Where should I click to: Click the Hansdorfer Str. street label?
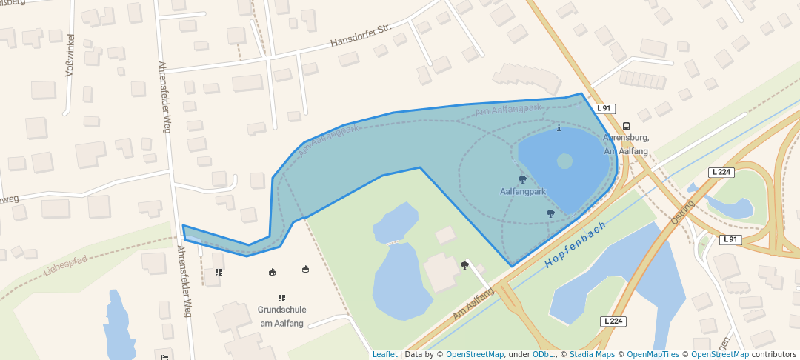click(360, 38)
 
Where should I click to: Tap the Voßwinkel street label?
click(71, 56)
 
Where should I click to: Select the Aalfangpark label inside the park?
click(523, 191)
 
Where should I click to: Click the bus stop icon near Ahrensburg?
click(626, 126)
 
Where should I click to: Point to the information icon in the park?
click(559, 128)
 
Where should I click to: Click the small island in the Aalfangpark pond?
click(564, 161)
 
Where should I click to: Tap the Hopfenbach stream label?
click(576, 244)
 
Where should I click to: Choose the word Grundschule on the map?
click(281, 310)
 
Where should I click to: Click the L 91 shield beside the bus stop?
click(604, 108)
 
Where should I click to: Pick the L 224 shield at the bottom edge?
click(613, 321)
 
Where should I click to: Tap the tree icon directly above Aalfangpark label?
click(522, 179)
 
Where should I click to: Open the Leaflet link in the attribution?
click(384, 354)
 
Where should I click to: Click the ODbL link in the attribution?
click(543, 354)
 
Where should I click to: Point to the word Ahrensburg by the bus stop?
click(626, 138)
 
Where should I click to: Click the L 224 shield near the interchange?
click(721, 172)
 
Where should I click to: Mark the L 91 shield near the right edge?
click(730, 239)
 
